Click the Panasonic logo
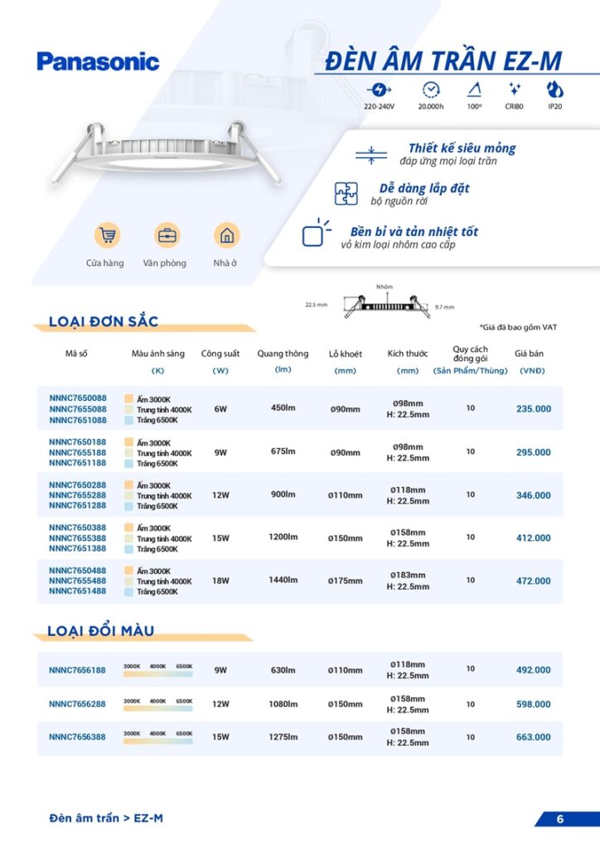tap(98, 61)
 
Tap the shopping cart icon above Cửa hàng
tap(106, 235)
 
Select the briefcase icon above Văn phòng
tap(167, 235)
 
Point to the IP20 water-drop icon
tap(554, 89)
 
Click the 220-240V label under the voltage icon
tap(380, 107)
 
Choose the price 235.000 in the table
tap(533, 409)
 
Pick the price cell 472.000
tap(533, 581)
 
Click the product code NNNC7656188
tap(77, 670)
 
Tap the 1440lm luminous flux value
tap(283, 581)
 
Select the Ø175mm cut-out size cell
tap(345, 581)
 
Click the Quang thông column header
tap(283, 353)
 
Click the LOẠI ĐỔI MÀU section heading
tap(101, 632)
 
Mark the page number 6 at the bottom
tap(560, 819)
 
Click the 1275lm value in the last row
tap(283, 737)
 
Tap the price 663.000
tap(533, 737)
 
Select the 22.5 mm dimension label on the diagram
tap(317, 305)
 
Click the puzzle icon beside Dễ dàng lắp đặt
tap(346, 193)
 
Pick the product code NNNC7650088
tap(77, 398)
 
